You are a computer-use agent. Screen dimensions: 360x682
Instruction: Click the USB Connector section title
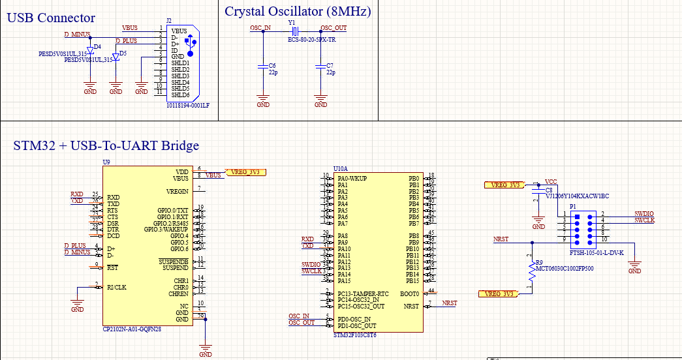[x=51, y=18]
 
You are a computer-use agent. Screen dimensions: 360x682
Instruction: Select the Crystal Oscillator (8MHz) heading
[x=298, y=11]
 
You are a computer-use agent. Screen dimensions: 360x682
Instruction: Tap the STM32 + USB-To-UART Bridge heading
[x=106, y=145]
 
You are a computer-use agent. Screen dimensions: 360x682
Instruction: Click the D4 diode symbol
[x=90, y=50]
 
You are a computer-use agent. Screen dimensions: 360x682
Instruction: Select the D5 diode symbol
[x=116, y=57]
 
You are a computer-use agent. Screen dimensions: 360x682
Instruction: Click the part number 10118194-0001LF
[x=187, y=105]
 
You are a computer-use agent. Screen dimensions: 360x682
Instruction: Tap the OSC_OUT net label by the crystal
[x=333, y=28]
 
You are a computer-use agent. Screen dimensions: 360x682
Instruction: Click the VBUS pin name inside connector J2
[x=179, y=31]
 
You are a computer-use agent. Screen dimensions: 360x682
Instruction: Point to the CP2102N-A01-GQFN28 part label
[x=132, y=329]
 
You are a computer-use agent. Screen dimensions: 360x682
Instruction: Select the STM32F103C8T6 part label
[x=354, y=335]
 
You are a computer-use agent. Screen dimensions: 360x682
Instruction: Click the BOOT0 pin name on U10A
[x=411, y=293]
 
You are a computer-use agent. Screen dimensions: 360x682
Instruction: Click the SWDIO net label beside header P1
[x=643, y=214]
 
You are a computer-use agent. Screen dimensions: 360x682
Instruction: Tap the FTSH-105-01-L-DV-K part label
[x=597, y=252]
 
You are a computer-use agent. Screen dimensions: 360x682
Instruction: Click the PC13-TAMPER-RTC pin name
[x=363, y=293]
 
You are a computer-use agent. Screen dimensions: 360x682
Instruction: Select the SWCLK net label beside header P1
[x=643, y=220]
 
